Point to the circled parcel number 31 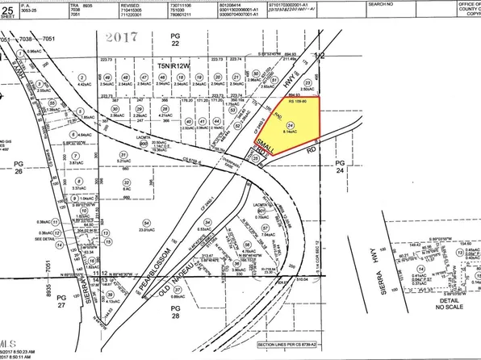click(x=123, y=154)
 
